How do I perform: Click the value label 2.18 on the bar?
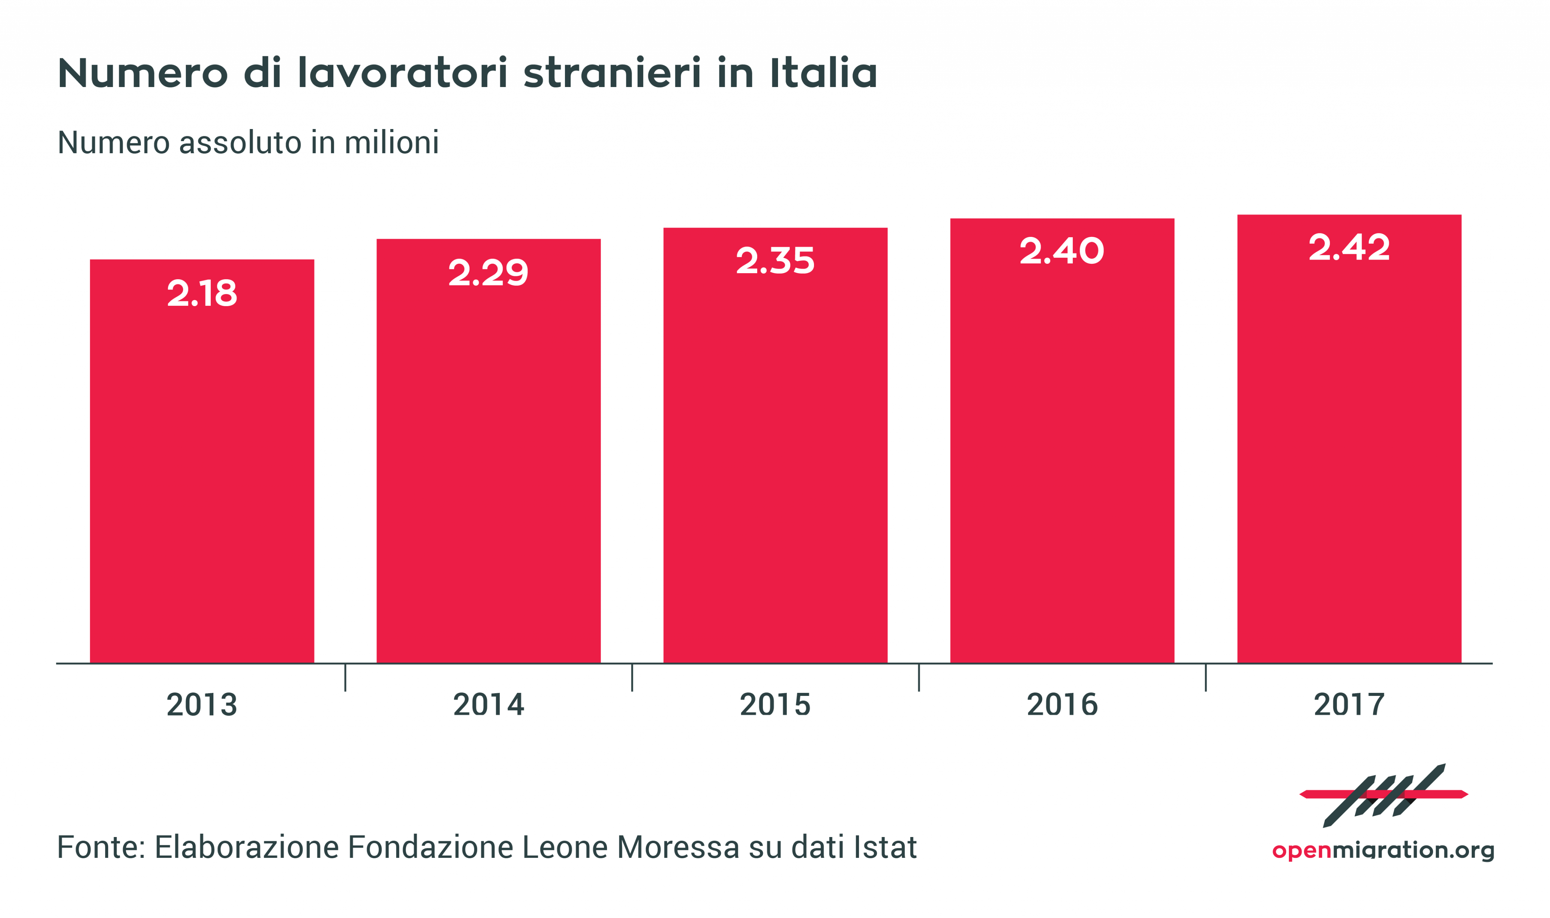(x=202, y=293)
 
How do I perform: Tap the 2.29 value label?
(x=488, y=273)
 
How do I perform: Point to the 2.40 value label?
(x=1061, y=251)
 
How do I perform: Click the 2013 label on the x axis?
(x=202, y=705)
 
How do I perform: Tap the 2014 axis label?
(x=488, y=705)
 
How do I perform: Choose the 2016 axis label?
(x=1061, y=705)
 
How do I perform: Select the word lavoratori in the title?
(x=403, y=73)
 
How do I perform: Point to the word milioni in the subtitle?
(x=392, y=142)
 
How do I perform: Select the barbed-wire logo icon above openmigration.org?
(x=1383, y=795)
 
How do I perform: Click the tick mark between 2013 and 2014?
(x=345, y=677)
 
